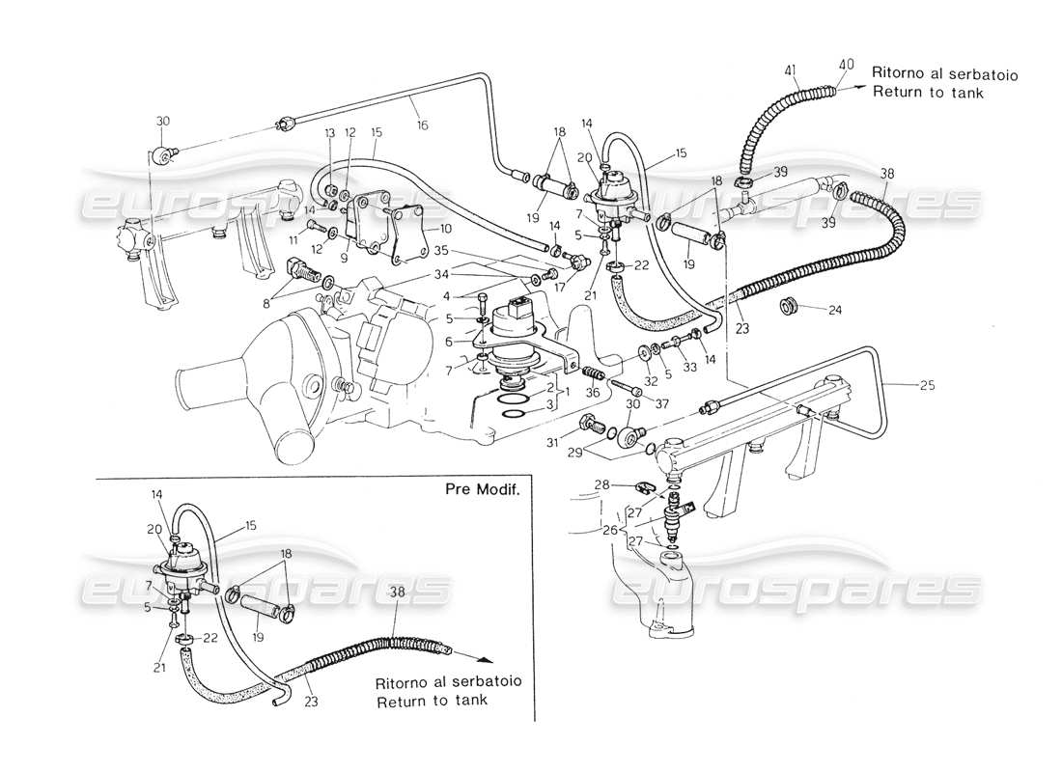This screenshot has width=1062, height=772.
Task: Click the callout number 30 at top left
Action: tap(162, 122)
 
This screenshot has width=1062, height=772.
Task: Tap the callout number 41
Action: tap(789, 69)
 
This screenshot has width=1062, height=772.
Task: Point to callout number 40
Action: tap(846, 66)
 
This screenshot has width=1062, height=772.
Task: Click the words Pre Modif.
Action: tap(483, 490)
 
